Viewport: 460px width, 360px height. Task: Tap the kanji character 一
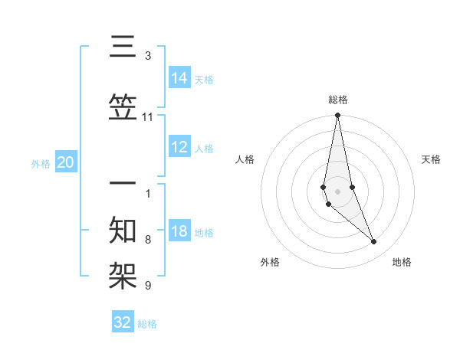coord(123,184)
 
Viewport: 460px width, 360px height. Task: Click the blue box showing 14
coord(179,77)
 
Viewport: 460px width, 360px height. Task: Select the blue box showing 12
coord(179,148)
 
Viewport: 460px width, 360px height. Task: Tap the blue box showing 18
coord(179,232)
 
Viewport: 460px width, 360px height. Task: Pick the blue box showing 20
coord(65,162)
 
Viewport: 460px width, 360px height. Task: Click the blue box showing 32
coord(123,322)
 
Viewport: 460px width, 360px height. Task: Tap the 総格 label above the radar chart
coord(337,100)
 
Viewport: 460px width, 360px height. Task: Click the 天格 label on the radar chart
coord(431,159)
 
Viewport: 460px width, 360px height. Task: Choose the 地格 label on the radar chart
coord(402,262)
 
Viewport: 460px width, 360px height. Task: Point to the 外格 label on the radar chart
coord(270,262)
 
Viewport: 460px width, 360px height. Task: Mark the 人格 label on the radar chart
coord(245,159)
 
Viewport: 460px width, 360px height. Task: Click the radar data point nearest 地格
coord(374,242)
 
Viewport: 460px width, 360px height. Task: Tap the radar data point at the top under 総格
coord(337,116)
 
